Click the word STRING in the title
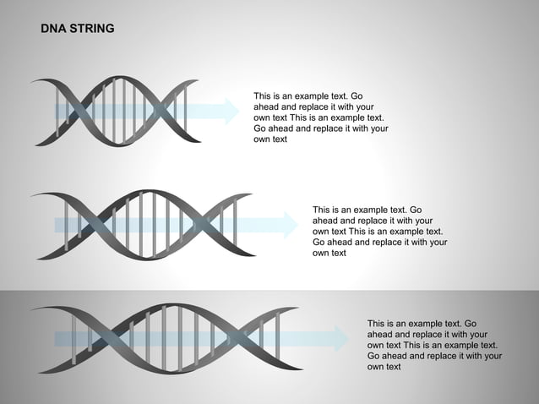pos(91,29)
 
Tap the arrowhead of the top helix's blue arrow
pos(231,111)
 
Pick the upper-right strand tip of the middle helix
pos(250,195)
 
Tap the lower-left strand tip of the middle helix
pos(34,255)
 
